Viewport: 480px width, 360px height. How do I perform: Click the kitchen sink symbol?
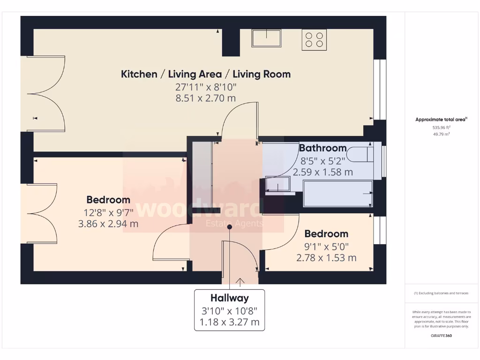(266, 38)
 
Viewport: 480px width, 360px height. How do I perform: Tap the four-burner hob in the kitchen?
(315, 39)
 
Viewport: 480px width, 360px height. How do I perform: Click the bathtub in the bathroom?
(337, 194)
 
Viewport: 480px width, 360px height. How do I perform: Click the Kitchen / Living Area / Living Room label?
(206, 74)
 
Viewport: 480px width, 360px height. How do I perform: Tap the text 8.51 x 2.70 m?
(206, 98)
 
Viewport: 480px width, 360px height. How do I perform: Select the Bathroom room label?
(322, 148)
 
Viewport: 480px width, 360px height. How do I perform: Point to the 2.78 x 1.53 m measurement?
(326, 258)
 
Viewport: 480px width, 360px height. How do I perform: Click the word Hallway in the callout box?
(229, 298)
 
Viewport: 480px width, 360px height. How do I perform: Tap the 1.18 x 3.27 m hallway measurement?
(229, 322)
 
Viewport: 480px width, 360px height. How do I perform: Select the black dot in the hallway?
(230, 227)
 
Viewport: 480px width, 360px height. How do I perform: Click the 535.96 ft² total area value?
(441, 127)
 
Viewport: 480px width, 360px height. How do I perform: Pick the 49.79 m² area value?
(441, 134)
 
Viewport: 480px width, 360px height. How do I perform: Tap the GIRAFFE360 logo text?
(441, 336)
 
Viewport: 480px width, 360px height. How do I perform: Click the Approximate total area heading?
(441, 120)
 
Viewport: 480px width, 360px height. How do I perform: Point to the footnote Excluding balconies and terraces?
(441, 293)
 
